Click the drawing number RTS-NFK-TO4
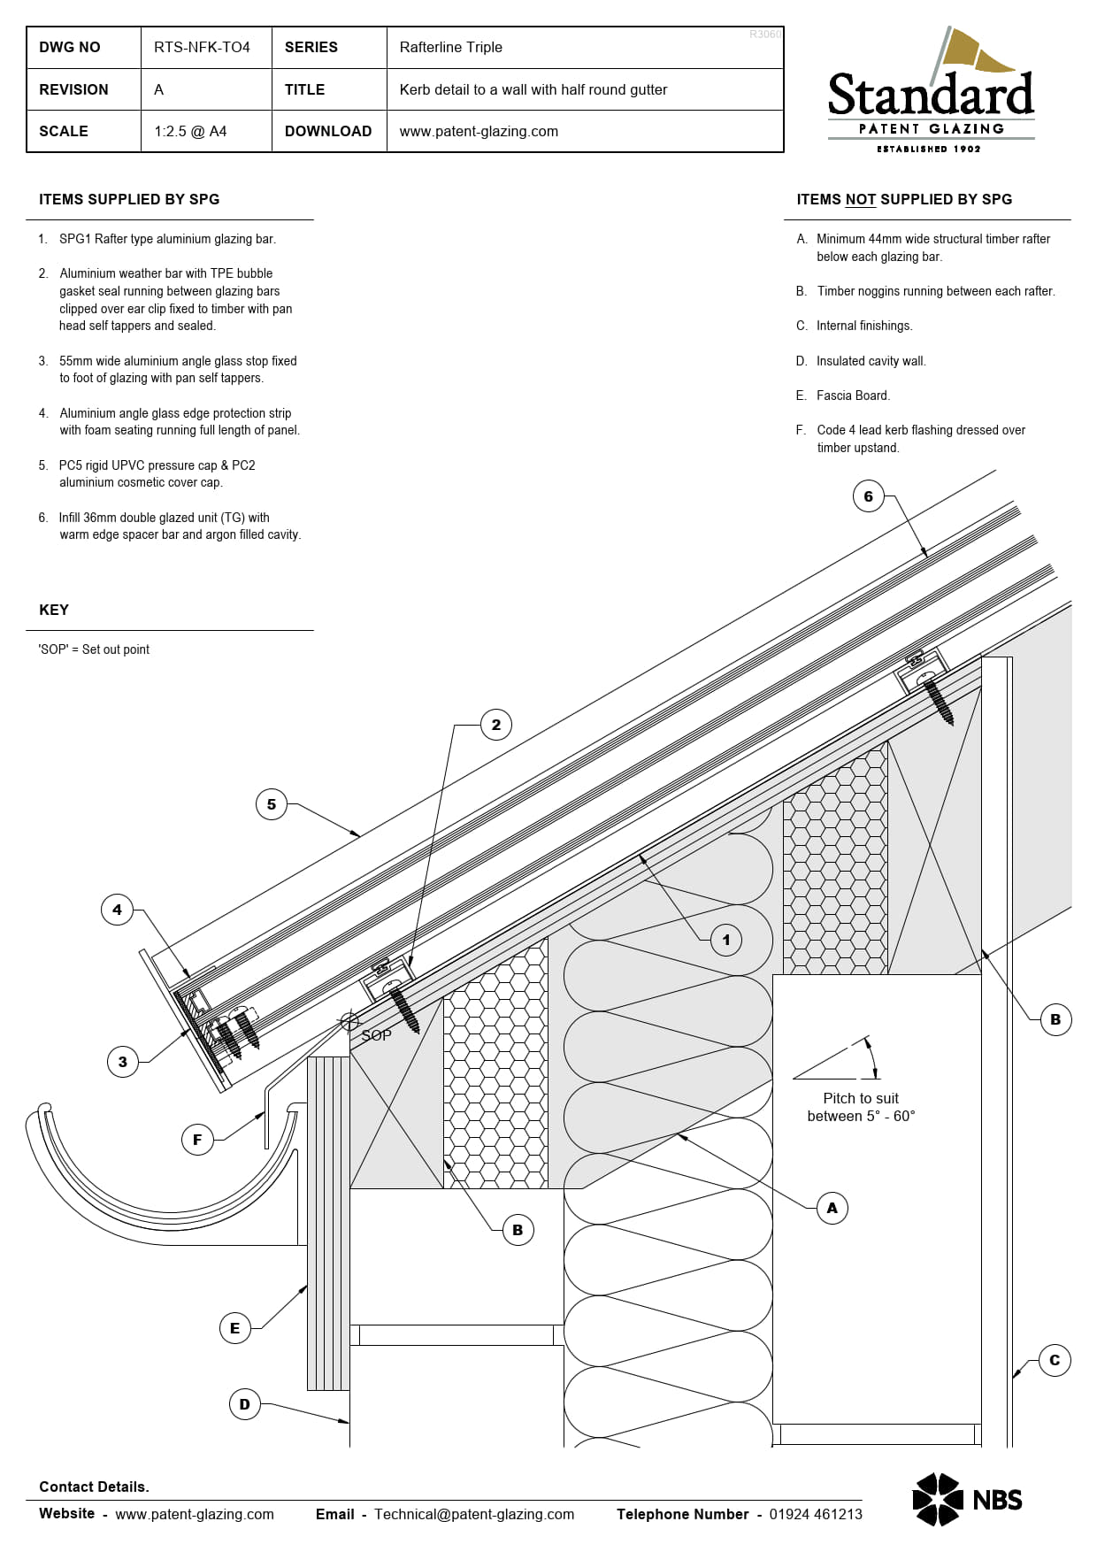(202, 47)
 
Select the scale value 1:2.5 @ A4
(190, 131)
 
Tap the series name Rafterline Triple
(450, 47)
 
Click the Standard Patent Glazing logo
(931, 92)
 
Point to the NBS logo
(967, 1499)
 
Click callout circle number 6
(868, 496)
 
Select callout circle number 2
(495, 725)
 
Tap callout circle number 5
(272, 804)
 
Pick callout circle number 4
(117, 909)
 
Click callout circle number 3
(123, 1062)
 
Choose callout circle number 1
(726, 940)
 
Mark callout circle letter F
(197, 1140)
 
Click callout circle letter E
(234, 1327)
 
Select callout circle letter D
(244, 1404)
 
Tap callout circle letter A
(832, 1208)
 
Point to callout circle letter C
(1054, 1360)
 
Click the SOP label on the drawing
(376, 1035)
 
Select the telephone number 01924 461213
(815, 1514)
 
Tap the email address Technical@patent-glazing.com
(473, 1514)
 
